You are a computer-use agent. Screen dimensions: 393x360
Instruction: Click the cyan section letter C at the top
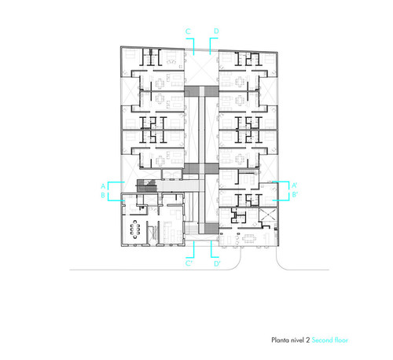(188, 31)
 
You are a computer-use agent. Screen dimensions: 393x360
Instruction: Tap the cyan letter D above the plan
(216, 31)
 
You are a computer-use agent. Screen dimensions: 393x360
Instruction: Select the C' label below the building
(189, 263)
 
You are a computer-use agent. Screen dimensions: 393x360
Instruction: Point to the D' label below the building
(217, 263)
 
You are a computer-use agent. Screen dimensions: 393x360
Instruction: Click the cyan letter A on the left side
(103, 186)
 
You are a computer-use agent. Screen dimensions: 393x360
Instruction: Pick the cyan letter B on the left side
(103, 196)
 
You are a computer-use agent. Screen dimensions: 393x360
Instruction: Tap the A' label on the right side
(295, 186)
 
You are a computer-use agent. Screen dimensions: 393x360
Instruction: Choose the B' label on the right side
(295, 195)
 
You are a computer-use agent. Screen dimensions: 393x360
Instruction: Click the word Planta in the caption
(281, 340)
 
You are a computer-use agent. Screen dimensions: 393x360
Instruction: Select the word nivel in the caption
(297, 340)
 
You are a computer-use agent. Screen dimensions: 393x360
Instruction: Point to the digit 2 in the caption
(307, 340)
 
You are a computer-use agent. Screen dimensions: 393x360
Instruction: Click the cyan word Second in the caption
(322, 340)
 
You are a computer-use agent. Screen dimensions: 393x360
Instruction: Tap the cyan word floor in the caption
(341, 340)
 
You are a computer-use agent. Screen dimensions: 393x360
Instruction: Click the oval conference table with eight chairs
(135, 230)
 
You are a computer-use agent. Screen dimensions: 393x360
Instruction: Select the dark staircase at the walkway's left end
(146, 186)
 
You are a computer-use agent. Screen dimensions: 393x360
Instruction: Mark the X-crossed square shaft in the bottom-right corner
(267, 215)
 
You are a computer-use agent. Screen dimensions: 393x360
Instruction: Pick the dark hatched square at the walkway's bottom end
(211, 229)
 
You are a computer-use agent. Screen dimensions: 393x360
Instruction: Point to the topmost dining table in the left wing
(160, 83)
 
